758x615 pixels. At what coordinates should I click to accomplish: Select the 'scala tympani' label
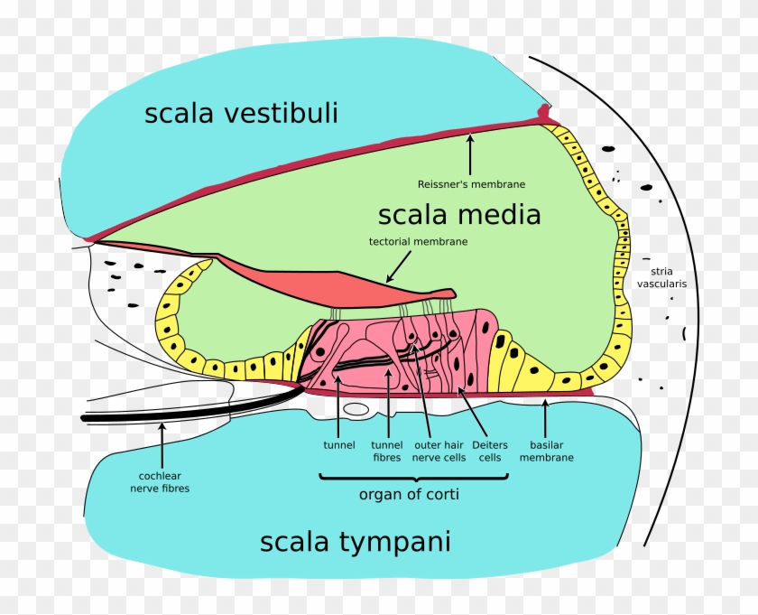point(355,542)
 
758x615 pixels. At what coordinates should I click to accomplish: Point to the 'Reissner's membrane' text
point(471,184)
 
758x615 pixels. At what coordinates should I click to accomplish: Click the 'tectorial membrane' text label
point(419,242)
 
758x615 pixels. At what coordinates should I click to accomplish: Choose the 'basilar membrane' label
point(546,452)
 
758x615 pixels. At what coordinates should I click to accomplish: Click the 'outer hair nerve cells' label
point(439,452)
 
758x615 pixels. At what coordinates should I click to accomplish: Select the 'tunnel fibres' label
point(386,452)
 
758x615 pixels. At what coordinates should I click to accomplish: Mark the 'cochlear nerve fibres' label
point(159,482)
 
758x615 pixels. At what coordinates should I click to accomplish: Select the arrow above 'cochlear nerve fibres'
point(162,443)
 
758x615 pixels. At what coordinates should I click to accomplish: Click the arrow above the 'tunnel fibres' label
point(387,406)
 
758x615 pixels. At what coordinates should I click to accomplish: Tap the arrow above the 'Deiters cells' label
point(474,411)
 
